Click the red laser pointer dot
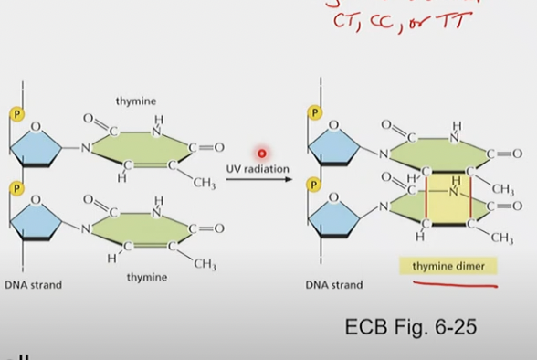(261, 154)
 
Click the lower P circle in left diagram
(16, 188)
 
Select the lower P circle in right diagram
(315, 184)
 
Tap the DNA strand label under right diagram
(333, 285)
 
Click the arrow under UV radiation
(258, 180)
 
